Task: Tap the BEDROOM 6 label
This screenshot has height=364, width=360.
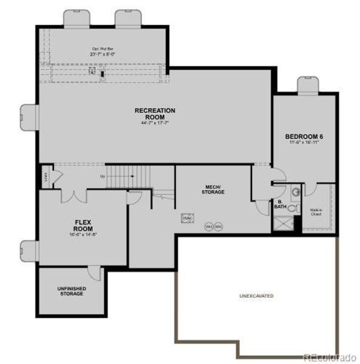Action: tap(304, 136)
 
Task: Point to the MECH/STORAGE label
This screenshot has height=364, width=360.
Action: tap(213, 189)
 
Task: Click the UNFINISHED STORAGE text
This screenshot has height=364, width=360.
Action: tap(72, 291)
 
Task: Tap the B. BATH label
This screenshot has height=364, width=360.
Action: tap(280, 204)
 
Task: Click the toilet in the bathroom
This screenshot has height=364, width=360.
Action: tap(292, 207)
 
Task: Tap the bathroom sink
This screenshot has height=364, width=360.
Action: tap(296, 192)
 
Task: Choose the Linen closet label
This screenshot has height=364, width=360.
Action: tap(46, 177)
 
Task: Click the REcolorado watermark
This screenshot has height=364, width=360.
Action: tap(330, 357)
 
